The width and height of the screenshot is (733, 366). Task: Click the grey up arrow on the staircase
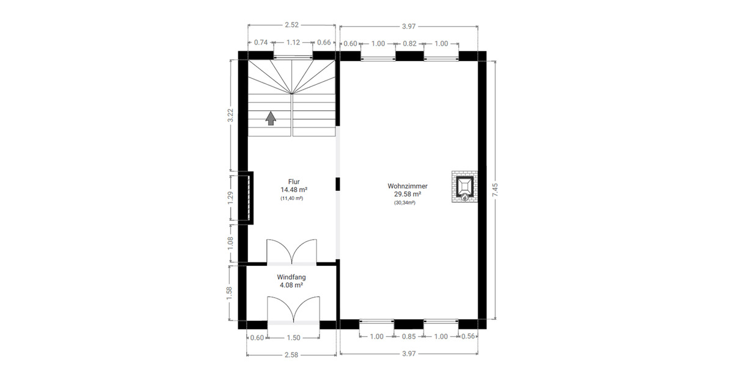[x=270, y=118]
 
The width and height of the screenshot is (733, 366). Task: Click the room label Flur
[x=294, y=182]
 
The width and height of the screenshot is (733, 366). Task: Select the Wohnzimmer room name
[x=407, y=186]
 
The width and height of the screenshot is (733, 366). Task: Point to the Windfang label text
[x=291, y=277]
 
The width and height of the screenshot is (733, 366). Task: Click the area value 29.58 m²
[x=407, y=194]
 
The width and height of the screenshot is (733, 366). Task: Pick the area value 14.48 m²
[x=294, y=190]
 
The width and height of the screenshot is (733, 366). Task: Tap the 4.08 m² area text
[x=291, y=285]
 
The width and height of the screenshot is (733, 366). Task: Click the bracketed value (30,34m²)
[x=405, y=203]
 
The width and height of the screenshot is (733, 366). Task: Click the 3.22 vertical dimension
[x=230, y=115]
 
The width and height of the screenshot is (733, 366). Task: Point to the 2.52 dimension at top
[x=292, y=25]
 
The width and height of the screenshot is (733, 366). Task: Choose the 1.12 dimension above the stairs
[x=293, y=43]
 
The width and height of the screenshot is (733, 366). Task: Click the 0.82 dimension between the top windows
[x=409, y=43]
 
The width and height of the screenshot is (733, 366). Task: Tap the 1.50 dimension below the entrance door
[x=293, y=337]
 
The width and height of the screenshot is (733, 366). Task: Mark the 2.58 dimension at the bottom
[x=291, y=354]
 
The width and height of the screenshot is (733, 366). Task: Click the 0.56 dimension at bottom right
[x=469, y=337]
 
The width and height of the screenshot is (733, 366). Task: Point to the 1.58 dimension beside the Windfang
[x=230, y=293]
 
